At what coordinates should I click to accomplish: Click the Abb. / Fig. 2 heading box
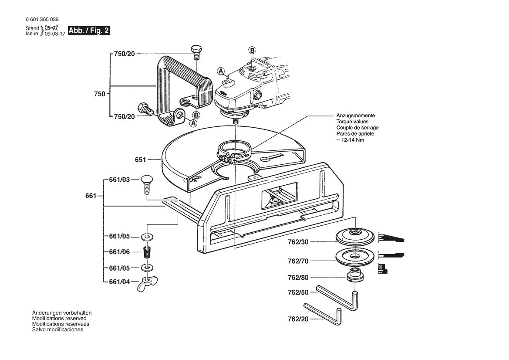click(x=89, y=31)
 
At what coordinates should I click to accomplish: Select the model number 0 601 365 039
click(x=42, y=20)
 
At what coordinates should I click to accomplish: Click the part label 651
click(x=140, y=160)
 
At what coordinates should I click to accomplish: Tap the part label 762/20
click(x=298, y=319)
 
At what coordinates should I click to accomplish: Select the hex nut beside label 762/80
click(x=353, y=276)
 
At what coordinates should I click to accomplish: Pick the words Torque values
click(x=352, y=122)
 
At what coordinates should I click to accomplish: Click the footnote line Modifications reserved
click(x=59, y=319)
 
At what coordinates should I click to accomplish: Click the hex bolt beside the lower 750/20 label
click(x=144, y=108)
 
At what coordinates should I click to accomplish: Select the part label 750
click(x=100, y=93)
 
